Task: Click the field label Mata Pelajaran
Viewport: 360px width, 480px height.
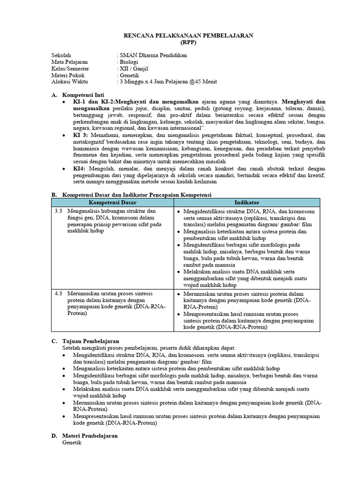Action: tap(69, 62)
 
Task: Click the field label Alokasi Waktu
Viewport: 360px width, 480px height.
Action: tap(69, 82)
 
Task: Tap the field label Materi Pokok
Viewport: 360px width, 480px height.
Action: tap(67, 75)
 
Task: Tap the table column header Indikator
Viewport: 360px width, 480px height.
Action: tap(247, 202)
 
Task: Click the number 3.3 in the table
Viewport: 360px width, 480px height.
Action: tap(59, 211)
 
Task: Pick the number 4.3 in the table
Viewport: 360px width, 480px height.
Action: tap(59, 293)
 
